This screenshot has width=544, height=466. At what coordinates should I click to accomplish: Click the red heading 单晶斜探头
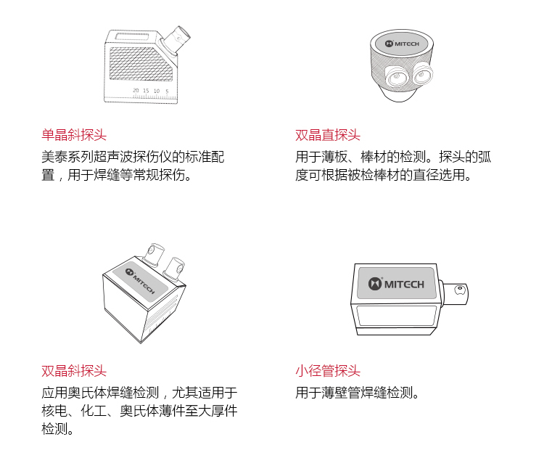pyautogui.click(x=74, y=135)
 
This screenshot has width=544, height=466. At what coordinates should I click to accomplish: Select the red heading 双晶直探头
pyautogui.click(x=328, y=135)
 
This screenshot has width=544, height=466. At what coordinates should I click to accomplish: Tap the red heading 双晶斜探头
pyautogui.click(x=74, y=371)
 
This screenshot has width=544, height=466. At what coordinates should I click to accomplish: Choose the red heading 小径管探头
pyautogui.click(x=328, y=371)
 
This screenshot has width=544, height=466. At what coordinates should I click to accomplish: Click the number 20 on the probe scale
pyautogui.click(x=136, y=90)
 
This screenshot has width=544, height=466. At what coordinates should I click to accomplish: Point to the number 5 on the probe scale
pyautogui.click(x=167, y=91)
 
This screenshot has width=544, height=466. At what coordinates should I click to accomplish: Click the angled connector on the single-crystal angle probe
pyautogui.click(x=176, y=39)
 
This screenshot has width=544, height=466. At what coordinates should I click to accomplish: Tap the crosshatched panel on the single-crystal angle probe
pyautogui.click(x=141, y=64)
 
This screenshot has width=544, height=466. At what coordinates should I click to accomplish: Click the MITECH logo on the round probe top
pyautogui.click(x=402, y=44)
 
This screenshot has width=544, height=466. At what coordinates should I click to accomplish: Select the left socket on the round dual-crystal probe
pyautogui.click(x=395, y=78)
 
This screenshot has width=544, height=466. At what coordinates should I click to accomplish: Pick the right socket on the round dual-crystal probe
pyautogui.click(x=422, y=74)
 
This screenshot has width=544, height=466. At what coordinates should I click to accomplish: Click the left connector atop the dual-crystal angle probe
pyautogui.click(x=154, y=253)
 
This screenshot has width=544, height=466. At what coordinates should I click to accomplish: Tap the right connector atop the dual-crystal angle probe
pyautogui.click(x=174, y=268)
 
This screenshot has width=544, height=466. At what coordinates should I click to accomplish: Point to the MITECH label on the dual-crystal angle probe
pyautogui.click(x=141, y=281)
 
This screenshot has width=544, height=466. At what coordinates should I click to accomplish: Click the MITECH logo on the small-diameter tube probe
pyautogui.click(x=396, y=284)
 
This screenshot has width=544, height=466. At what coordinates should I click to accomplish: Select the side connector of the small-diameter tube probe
pyautogui.click(x=455, y=293)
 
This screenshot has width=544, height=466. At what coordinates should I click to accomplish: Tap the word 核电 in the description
pyautogui.click(x=54, y=411)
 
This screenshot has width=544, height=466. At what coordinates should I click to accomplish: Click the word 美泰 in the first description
pyautogui.click(x=54, y=157)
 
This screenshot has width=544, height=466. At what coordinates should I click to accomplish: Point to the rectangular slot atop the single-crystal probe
pyautogui.click(x=132, y=36)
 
